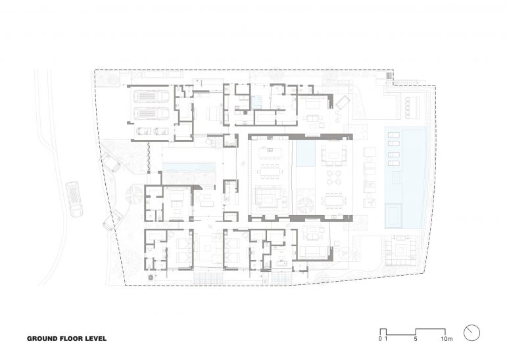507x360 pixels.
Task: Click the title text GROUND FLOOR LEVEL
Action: [x=66, y=340]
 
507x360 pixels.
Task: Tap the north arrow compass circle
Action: [x=471, y=332]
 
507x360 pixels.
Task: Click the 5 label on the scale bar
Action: [x=416, y=340]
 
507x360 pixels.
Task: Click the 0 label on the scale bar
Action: [x=380, y=340]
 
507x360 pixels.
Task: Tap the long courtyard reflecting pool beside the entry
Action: [x=189, y=166]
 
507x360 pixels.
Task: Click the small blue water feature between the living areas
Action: [x=305, y=155]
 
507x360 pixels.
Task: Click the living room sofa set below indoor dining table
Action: [x=268, y=199]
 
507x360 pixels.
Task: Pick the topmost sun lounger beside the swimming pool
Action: [x=392, y=135]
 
